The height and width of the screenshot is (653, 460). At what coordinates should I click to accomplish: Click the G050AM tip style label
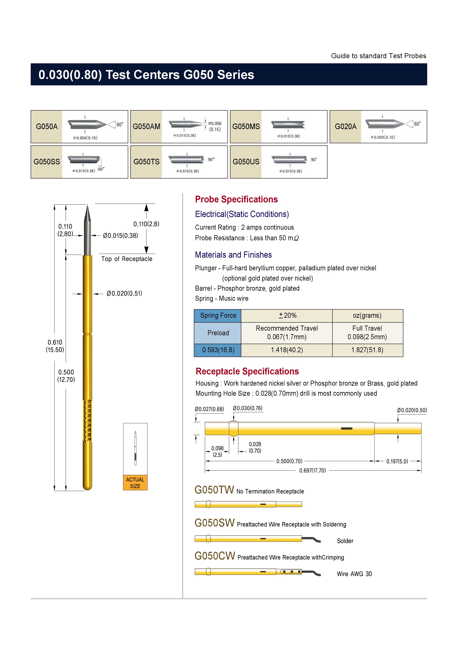(146, 126)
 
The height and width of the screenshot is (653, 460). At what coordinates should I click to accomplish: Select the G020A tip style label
(346, 126)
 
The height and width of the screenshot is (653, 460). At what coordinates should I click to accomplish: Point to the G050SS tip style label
(47, 162)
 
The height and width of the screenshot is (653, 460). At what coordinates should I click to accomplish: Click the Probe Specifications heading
(236, 199)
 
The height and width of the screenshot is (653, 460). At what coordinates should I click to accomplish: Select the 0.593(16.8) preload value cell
(218, 350)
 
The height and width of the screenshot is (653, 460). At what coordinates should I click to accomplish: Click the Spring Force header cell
(218, 315)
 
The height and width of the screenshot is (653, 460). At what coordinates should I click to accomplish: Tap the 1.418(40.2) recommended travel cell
(287, 350)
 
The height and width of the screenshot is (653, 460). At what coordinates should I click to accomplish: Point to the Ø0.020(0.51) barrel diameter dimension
(124, 293)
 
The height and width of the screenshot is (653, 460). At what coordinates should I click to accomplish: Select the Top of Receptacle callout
(127, 259)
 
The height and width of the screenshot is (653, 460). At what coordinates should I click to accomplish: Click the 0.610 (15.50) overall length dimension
(55, 346)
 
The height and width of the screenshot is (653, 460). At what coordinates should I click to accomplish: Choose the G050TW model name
(214, 490)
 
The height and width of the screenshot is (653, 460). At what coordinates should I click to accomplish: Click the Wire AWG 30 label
(354, 574)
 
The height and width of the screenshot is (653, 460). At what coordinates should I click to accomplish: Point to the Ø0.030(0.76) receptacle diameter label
(248, 408)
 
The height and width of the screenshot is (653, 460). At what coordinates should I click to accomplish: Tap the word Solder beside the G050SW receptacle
(345, 541)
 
